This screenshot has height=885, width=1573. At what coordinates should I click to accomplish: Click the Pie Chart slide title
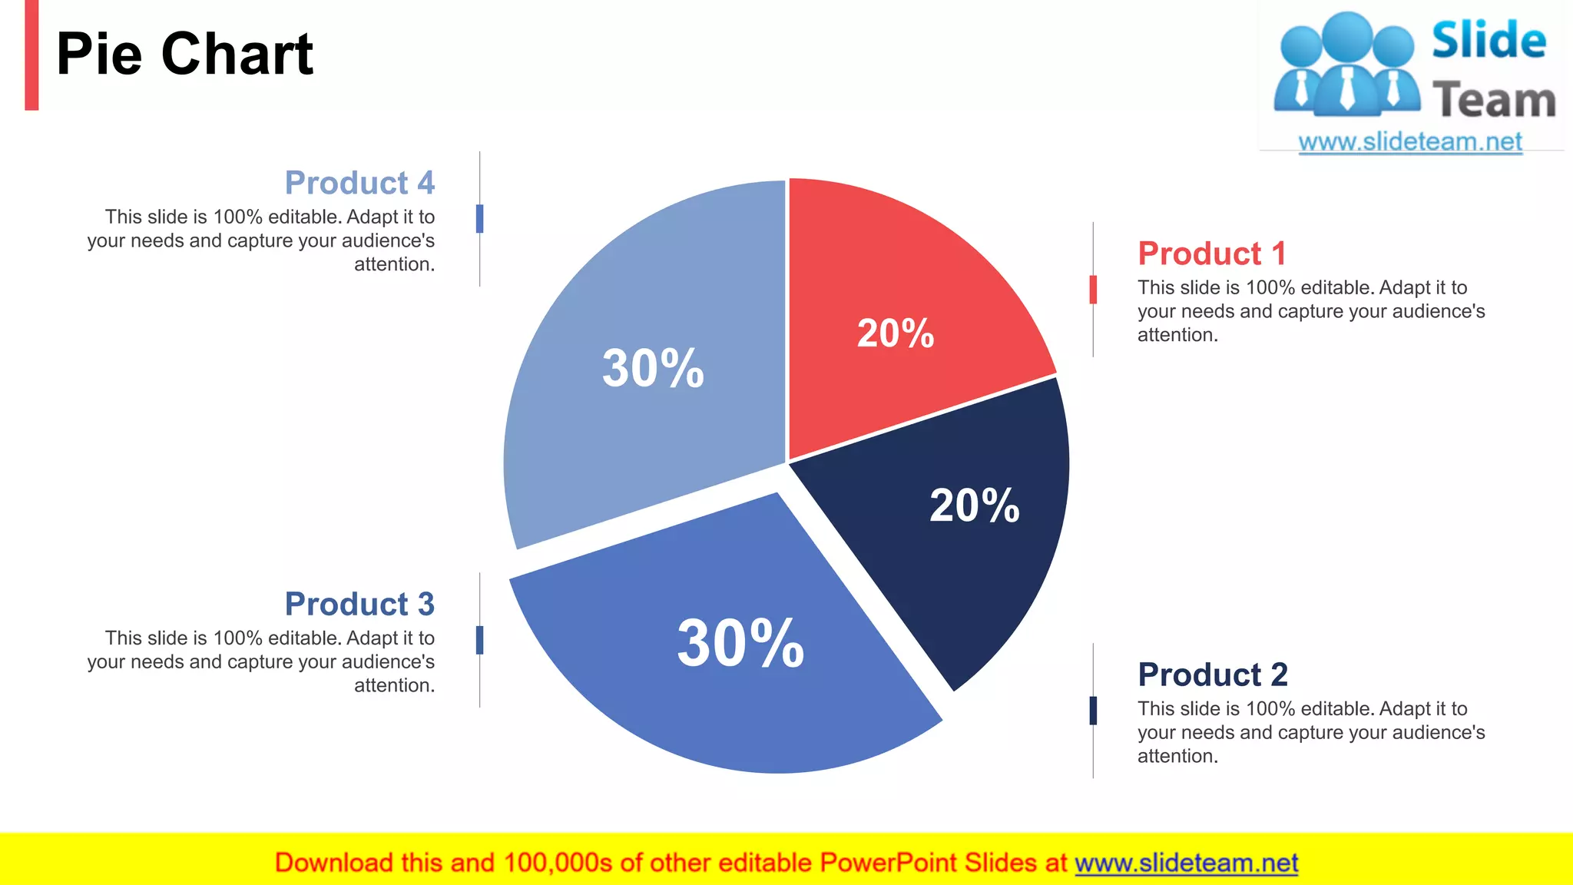(x=184, y=55)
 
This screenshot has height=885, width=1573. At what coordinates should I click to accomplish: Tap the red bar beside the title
(x=31, y=55)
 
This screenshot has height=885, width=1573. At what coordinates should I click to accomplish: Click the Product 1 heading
(x=1211, y=254)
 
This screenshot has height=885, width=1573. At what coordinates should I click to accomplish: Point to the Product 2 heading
(x=1212, y=675)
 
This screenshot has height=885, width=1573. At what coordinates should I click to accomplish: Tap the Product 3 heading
(x=359, y=604)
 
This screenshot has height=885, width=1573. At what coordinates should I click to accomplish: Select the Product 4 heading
(x=359, y=183)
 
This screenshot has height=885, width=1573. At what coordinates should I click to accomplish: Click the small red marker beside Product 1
(x=1093, y=290)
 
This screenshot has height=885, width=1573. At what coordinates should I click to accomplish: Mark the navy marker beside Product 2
(x=1093, y=711)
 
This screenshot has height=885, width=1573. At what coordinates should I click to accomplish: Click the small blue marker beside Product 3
(x=480, y=640)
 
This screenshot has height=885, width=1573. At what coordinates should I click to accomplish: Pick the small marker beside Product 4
(x=480, y=219)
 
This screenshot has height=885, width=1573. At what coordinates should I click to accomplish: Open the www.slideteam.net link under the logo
(x=1410, y=142)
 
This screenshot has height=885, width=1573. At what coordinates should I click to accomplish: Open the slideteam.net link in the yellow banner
(x=1186, y=863)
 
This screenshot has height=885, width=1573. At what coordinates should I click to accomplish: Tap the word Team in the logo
(x=1494, y=101)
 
